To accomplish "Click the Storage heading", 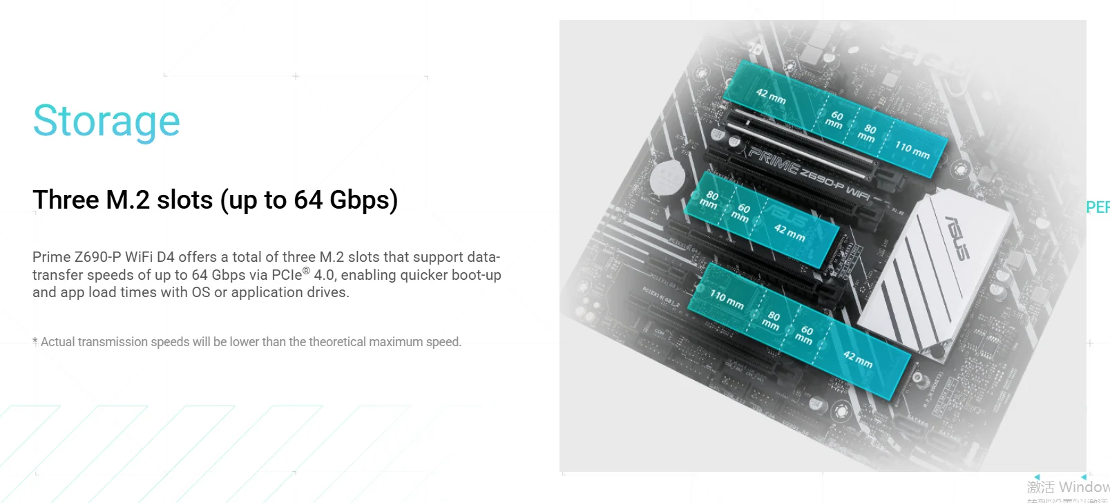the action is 106,122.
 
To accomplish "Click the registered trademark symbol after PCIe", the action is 306,271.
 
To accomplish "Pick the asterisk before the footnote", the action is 35,341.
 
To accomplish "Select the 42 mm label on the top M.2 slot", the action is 770,96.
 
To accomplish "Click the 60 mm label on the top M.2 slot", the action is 835,120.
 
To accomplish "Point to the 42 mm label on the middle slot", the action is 789,232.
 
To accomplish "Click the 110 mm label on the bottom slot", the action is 727,299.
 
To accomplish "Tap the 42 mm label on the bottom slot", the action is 857,359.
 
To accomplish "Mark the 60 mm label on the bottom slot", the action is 805,335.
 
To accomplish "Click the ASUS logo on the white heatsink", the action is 957,238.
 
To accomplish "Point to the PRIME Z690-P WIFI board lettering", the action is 809,171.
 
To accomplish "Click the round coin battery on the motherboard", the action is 667,176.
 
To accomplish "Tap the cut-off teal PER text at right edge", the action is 1098,207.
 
